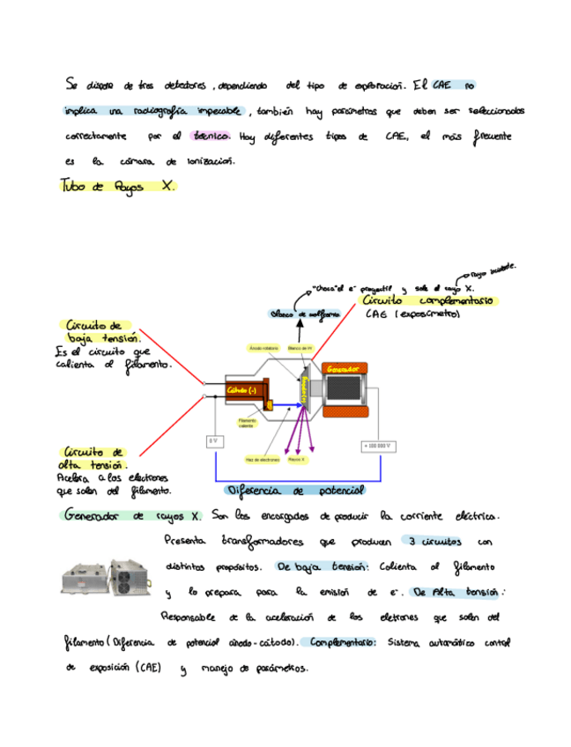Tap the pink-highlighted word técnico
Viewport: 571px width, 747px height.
(211, 137)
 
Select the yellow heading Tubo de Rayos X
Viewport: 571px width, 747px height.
(118, 187)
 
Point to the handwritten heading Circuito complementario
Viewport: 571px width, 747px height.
(431, 300)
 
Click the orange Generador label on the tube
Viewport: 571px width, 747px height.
(341, 368)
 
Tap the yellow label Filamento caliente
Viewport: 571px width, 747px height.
(247, 424)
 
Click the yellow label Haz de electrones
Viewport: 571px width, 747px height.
(263, 460)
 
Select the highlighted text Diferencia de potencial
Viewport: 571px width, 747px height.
(295, 490)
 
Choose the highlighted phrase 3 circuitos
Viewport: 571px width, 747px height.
(430, 541)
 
